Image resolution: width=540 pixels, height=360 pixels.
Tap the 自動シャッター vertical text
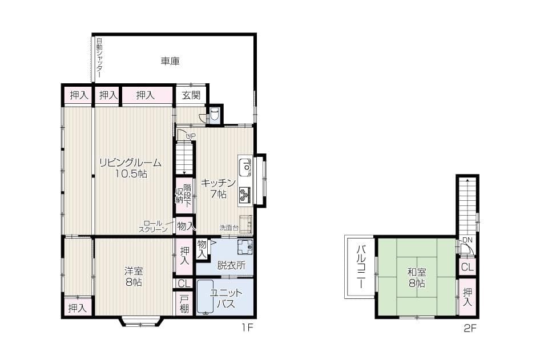pos(99,58)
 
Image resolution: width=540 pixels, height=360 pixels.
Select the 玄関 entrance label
pos(191,95)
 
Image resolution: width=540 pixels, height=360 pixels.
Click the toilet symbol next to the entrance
pos(215,115)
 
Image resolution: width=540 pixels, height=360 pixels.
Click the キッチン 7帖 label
pos(218,188)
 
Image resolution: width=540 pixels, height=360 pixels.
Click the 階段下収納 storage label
pos(183,195)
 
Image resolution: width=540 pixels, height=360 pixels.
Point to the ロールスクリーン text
pos(153,226)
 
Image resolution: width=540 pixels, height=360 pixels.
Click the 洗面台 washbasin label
pos(229,228)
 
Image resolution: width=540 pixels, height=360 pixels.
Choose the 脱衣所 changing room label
pos(231,265)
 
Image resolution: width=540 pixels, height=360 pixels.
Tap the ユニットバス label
pos(226,298)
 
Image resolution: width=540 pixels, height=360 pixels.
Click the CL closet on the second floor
pos(467,267)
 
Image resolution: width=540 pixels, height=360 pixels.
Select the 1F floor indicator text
pos(246,328)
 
